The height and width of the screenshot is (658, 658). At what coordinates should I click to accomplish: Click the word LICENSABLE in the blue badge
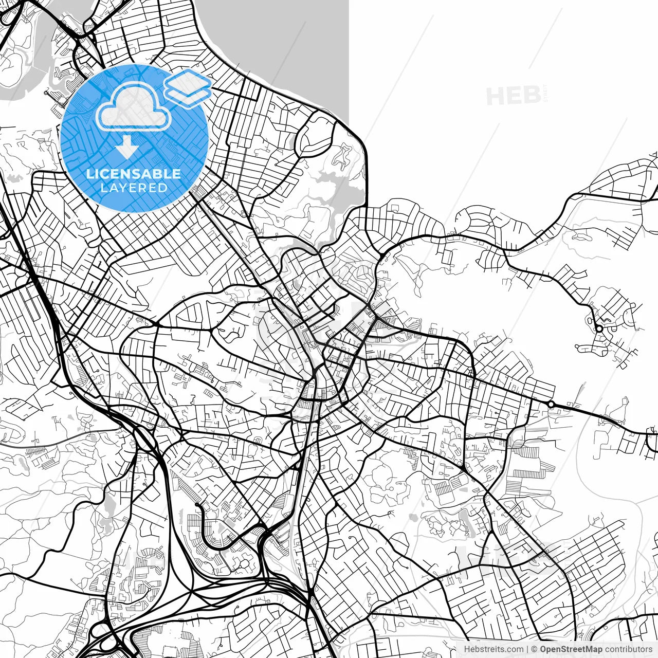134,174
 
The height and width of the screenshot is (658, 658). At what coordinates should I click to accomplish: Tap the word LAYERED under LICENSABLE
134,188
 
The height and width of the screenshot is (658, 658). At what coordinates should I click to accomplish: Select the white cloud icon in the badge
134,107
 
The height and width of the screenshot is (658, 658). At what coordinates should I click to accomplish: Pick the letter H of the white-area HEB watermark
496,96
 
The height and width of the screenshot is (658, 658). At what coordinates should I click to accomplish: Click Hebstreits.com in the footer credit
493,649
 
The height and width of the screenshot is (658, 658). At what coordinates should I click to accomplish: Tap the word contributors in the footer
628,649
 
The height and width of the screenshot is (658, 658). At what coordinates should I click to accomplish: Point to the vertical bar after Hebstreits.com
527,649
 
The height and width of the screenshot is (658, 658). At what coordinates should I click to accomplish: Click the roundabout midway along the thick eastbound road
551,405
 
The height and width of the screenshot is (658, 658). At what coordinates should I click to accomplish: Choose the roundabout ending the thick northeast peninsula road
599,328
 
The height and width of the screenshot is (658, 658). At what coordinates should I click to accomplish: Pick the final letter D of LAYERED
163,188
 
